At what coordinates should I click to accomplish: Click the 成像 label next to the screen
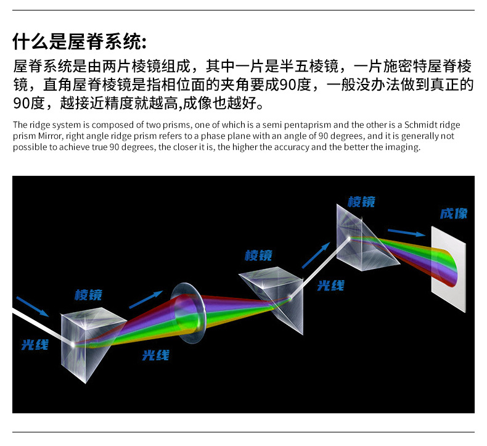tap(453, 213)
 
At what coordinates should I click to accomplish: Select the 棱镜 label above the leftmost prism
tap(88, 294)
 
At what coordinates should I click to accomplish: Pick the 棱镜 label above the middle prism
tap(258, 255)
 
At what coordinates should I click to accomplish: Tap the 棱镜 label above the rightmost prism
tap(361, 202)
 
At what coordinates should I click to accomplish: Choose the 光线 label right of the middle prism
tap(330, 286)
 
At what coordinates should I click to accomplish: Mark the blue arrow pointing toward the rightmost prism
tap(315, 254)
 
